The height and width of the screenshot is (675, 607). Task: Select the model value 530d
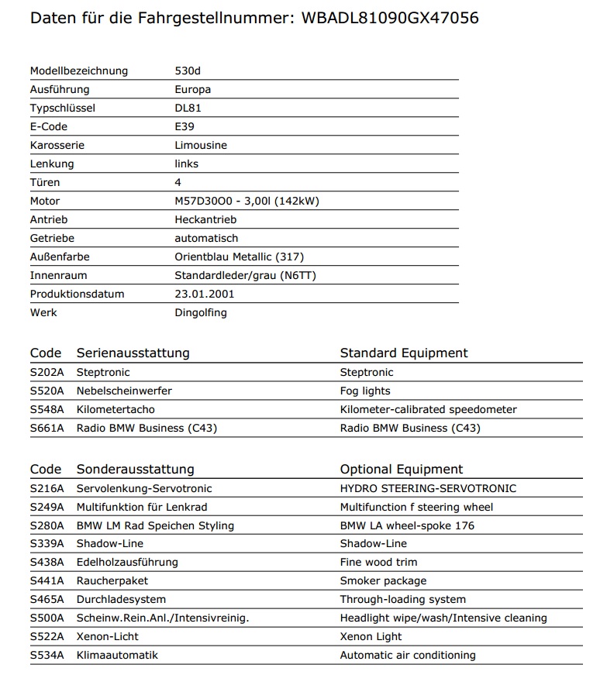pyautogui.click(x=188, y=71)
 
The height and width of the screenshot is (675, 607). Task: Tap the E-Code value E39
pyautogui.click(x=185, y=127)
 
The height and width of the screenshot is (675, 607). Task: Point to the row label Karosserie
pyautogui.click(x=57, y=146)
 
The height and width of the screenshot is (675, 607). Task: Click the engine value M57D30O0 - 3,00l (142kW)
pyautogui.click(x=247, y=201)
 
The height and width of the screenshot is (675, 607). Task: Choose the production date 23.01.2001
pyautogui.click(x=205, y=294)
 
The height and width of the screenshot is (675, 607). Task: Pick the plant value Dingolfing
pyautogui.click(x=202, y=313)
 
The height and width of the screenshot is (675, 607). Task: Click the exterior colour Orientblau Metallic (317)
pyautogui.click(x=233, y=257)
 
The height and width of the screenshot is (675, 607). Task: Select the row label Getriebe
pyautogui.click(x=52, y=239)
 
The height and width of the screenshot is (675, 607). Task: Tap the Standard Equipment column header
pyautogui.click(x=404, y=353)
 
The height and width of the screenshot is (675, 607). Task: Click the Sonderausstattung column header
pyautogui.click(x=135, y=470)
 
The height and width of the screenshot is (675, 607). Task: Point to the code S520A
pyautogui.click(x=47, y=391)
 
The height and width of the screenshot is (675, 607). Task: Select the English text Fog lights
pyautogui.click(x=365, y=391)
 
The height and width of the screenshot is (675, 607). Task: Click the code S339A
pyautogui.click(x=47, y=544)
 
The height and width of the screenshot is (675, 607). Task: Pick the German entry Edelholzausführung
pyautogui.click(x=127, y=563)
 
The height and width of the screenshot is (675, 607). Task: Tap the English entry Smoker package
pyautogui.click(x=383, y=581)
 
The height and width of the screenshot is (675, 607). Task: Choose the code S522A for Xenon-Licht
pyautogui.click(x=47, y=637)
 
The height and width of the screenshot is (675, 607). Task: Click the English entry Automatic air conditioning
pyautogui.click(x=408, y=656)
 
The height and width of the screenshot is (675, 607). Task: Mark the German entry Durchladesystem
pyautogui.click(x=121, y=600)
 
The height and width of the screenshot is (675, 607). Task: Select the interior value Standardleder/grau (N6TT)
pyautogui.click(x=245, y=276)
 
